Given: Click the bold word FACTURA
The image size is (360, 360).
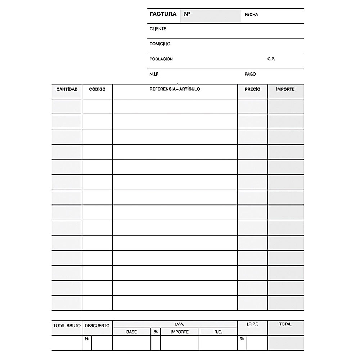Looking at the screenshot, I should pyautogui.click(x=163, y=14).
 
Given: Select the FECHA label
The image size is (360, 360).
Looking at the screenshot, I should pyautogui.click(x=251, y=15).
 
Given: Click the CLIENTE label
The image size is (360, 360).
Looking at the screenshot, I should pyautogui.click(x=158, y=29).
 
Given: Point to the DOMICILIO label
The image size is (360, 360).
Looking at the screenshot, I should pyautogui.click(x=160, y=44).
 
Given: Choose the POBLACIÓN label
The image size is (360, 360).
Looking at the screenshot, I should pyautogui.click(x=161, y=59).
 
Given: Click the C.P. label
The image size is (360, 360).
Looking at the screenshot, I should pyautogui.click(x=271, y=59).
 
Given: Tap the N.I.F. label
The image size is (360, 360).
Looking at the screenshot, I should pyautogui.click(x=154, y=74).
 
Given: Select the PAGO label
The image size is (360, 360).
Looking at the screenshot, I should pyautogui.click(x=250, y=74).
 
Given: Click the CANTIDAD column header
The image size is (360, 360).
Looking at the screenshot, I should pyautogui.click(x=67, y=89).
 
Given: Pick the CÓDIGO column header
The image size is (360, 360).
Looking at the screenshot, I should pyautogui.click(x=97, y=89).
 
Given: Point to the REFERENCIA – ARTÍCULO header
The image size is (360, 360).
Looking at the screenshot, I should pyautogui.click(x=175, y=89).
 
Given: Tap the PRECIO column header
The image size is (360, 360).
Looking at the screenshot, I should pyautogui.click(x=252, y=89).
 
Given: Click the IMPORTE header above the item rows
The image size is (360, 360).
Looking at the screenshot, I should pyautogui.click(x=285, y=89).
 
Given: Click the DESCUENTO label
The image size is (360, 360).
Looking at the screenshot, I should pyautogui.click(x=97, y=325).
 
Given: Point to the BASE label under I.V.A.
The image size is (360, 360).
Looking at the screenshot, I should pyautogui.click(x=131, y=332).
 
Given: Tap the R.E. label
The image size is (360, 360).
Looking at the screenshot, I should pyautogui.click(x=218, y=332).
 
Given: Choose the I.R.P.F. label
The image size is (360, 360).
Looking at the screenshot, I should pyautogui.click(x=252, y=324).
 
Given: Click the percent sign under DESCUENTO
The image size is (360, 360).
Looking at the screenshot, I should pyautogui.click(x=86, y=339).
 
